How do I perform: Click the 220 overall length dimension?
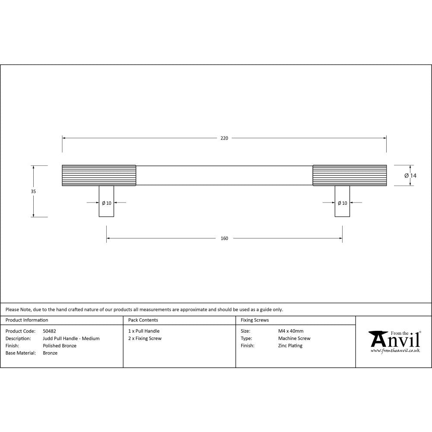pyautogui.click(x=224, y=138)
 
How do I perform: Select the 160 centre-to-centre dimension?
pyautogui.click(x=224, y=238)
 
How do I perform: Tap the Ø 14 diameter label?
pyautogui.click(x=410, y=175)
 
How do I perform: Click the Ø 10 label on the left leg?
pyautogui.click(x=106, y=203)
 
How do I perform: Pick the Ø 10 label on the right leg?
pyautogui.click(x=342, y=203)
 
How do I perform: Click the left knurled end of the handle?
pyautogui.click(x=99, y=175)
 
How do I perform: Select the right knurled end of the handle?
pyautogui.click(x=349, y=175)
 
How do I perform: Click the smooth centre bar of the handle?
pyautogui.click(x=224, y=175)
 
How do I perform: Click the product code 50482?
pyautogui.click(x=49, y=331)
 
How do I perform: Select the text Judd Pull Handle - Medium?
pyautogui.click(x=71, y=339)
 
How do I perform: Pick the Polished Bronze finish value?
pyautogui.click(x=60, y=346)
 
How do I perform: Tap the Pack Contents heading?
pyautogui.click(x=143, y=320)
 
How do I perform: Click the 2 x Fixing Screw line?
pyautogui.click(x=145, y=339)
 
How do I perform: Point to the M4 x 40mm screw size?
pyautogui.click(x=291, y=331)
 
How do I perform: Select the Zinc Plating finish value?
pyautogui.click(x=290, y=346)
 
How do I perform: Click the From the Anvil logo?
pyautogui.click(x=394, y=341)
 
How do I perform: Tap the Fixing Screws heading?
pyautogui.click(x=254, y=320)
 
